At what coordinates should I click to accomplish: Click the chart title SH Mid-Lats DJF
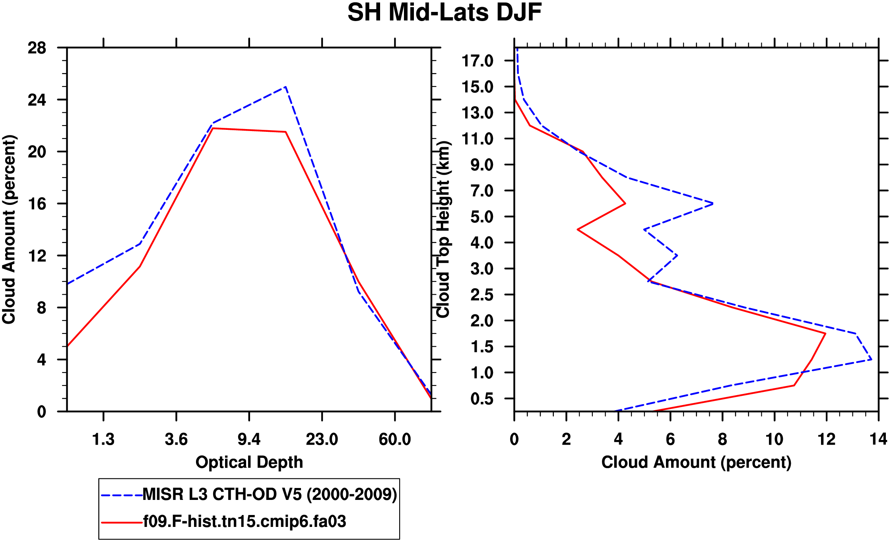pos(445,13)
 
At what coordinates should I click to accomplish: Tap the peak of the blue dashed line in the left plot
pos(285,87)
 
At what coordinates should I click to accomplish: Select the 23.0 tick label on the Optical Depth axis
pos(322,440)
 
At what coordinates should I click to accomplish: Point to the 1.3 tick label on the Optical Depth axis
pos(103,440)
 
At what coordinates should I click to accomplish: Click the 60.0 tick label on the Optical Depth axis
pos(394,440)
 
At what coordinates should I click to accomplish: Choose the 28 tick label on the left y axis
pos(37,48)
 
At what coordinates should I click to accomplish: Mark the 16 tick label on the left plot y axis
pos(37,204)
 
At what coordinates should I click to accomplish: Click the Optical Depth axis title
pos(249,462)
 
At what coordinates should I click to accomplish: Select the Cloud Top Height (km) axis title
pos(443,230)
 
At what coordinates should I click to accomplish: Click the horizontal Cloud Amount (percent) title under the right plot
pos(696,462)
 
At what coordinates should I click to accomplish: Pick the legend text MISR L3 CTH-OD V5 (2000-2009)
pos(270,495)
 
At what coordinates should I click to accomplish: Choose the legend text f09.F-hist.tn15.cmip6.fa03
pos(245,521)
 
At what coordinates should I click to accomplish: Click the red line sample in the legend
pos(122,523)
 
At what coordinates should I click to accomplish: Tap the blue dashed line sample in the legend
pos(122,496)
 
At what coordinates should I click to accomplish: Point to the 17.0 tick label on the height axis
pos(482,61)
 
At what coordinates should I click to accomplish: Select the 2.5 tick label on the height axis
pos(482,295)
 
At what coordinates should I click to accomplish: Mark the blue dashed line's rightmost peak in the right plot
pos(871,359)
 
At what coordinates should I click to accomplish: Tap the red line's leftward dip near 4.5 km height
pos(578,230)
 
